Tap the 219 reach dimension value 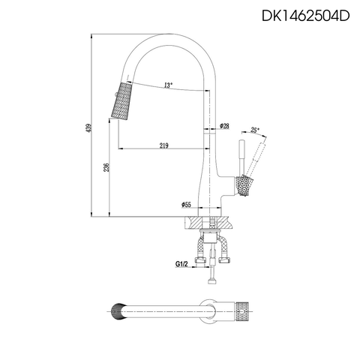pyautogui.click(x=163, y=145)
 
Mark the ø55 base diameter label pyautogui.click(x=187, y=204)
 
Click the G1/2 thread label pyautogui.click(x=181, y=264)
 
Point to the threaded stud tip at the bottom pyautogui.click(x=211, y=281)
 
